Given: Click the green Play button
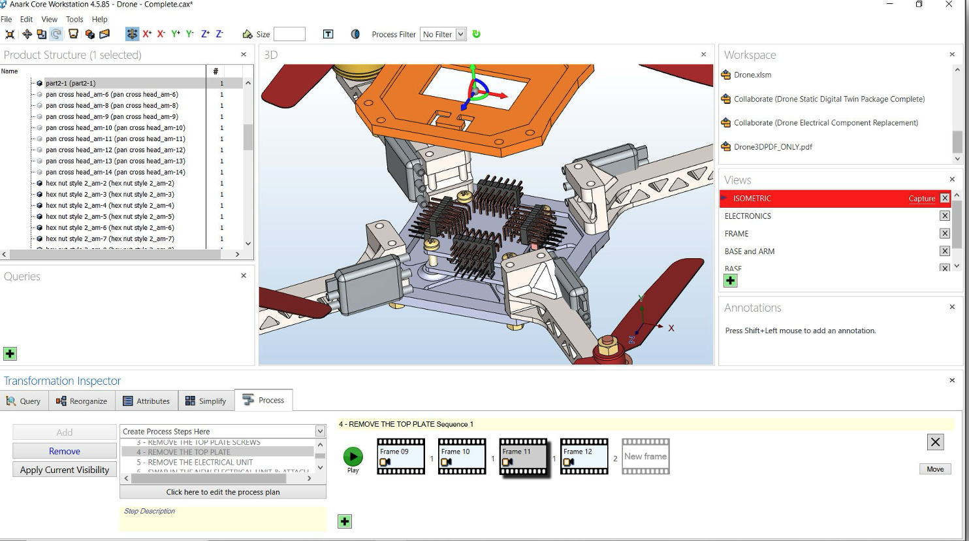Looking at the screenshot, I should [353, 457].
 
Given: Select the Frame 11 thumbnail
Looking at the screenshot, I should [523, 457].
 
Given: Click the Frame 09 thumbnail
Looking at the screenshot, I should [401, 457].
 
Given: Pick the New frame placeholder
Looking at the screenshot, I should [645, 457].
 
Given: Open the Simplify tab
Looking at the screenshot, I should [206, 401].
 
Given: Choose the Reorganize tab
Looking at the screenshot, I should [82, 401].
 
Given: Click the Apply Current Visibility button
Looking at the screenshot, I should [65, 470].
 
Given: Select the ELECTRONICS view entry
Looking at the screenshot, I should [748, 216].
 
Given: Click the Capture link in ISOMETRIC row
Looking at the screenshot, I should [921, 199].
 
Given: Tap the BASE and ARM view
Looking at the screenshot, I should [749, 252].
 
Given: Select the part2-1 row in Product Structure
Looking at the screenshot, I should [71, 84].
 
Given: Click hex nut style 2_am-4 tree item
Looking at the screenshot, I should [110, 206].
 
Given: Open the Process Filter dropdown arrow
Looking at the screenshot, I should [460, 35].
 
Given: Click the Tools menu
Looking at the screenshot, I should [74, 20].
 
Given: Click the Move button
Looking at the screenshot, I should [935, 469].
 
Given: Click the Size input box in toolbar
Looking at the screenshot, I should [289, 35].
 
